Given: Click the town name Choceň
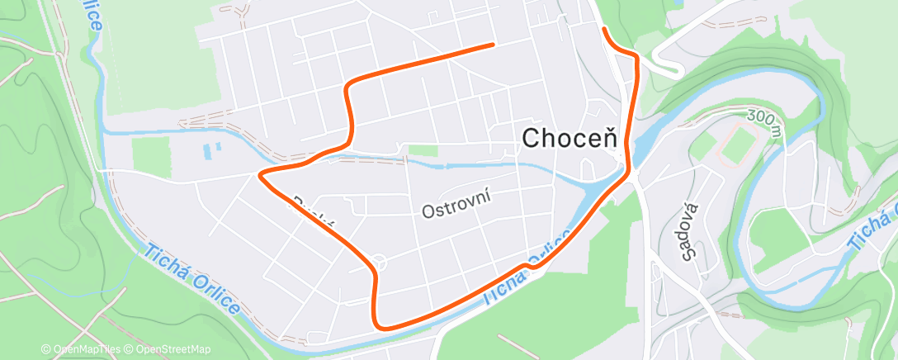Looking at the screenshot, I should point(570,140).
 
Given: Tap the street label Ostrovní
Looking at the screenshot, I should point(456,204).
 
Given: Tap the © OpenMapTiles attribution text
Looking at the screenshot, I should point(80,349).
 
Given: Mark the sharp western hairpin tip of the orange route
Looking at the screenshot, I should point(261,174).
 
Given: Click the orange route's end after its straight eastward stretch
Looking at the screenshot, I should point(493,44).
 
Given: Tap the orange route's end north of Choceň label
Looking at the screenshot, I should point(604,30).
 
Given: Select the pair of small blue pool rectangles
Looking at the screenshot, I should point(212,150).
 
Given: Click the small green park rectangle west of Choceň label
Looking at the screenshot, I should point(423,150).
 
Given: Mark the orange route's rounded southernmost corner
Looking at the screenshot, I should point(381,323).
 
